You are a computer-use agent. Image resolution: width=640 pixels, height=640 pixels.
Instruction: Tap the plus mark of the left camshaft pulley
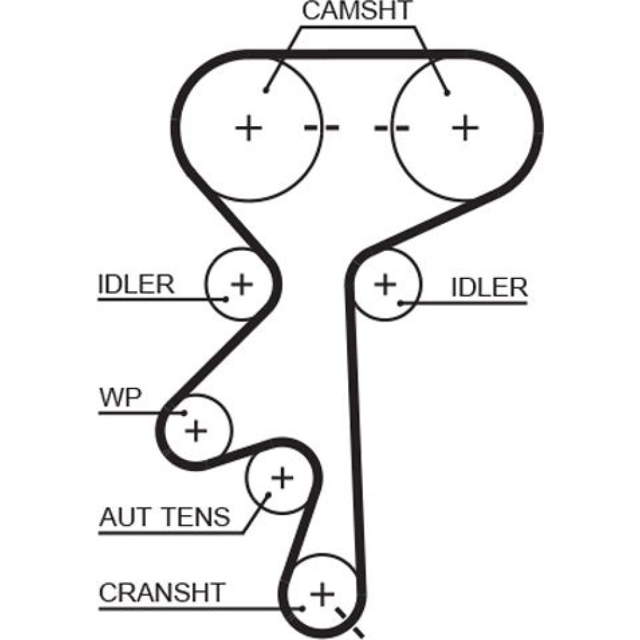coord(248,129)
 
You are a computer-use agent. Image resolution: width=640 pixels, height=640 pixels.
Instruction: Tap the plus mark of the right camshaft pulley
coord(465,128)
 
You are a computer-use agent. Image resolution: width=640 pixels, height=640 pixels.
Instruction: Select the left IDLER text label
coord(136,285)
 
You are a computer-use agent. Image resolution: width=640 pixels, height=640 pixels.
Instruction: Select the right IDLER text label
coord(489,288)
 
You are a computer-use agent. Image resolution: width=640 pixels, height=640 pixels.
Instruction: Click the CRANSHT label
coord(162,592)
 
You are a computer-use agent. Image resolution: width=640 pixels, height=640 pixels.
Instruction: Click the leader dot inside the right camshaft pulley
coord(447,93)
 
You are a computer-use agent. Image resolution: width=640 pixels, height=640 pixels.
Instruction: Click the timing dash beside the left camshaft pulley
coord(322,128)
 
